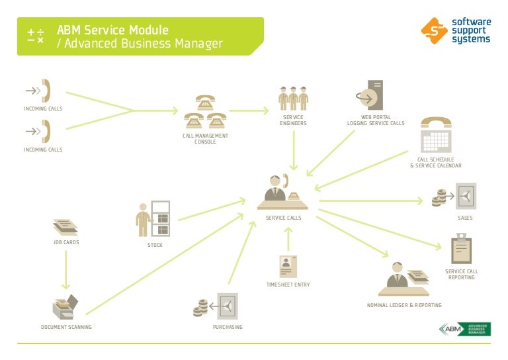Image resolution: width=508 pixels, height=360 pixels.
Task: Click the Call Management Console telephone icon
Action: tap(205, 113)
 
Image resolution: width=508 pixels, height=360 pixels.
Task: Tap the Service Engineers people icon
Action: tap(294, 99)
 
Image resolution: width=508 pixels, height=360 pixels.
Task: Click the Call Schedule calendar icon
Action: tap(436, 136)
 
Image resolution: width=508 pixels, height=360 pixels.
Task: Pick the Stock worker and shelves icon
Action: tap(153, 218)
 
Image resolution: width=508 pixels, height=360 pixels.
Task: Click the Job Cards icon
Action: tap(65, 228)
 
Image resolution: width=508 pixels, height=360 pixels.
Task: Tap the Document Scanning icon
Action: tap(65, 306)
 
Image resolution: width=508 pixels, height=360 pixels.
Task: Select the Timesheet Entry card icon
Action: tap(288, 267)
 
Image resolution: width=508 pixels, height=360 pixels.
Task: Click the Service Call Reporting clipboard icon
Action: tap(461, 249)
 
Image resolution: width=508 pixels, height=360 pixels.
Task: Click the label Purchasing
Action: tap(228, 327)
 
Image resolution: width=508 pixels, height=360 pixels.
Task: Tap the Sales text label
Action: tap(465, 218)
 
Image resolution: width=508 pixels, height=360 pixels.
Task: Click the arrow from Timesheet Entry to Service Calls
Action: tap(288, 239)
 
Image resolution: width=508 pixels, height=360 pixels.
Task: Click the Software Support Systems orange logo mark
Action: tap(433, 29)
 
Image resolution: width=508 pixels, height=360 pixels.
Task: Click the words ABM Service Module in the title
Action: tap(112, 30)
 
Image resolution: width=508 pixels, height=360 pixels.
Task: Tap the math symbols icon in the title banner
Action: tap(36, 36)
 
